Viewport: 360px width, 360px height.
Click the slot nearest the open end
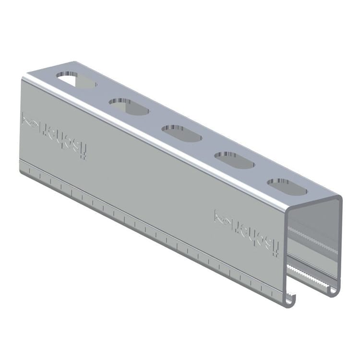(x=287, y=187)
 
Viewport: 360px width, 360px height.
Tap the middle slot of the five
(x=181, y=133)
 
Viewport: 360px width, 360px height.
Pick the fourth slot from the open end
(x=129, y=107)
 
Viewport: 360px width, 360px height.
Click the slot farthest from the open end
(x=76, y=80)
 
